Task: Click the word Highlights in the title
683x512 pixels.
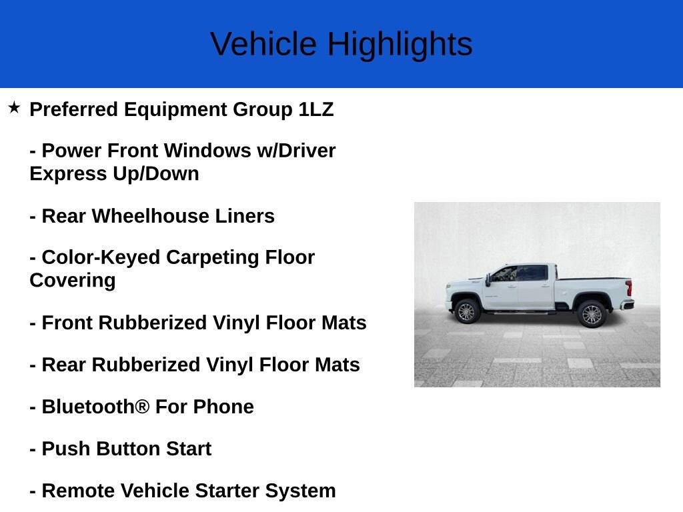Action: coord(400,45)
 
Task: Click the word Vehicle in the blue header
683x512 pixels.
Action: coord(263,45)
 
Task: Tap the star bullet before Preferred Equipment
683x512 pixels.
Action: coord(14,107)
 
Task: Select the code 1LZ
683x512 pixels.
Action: coord(315,109)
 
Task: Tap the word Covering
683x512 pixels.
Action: coord(72,280)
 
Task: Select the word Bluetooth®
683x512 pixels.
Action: coord(95,407)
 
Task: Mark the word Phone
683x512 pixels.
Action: coord(223,407)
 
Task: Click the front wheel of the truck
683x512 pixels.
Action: coord(466,311)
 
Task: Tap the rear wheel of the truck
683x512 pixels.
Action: coord(591,313)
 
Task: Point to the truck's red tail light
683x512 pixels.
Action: coord(628,288)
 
